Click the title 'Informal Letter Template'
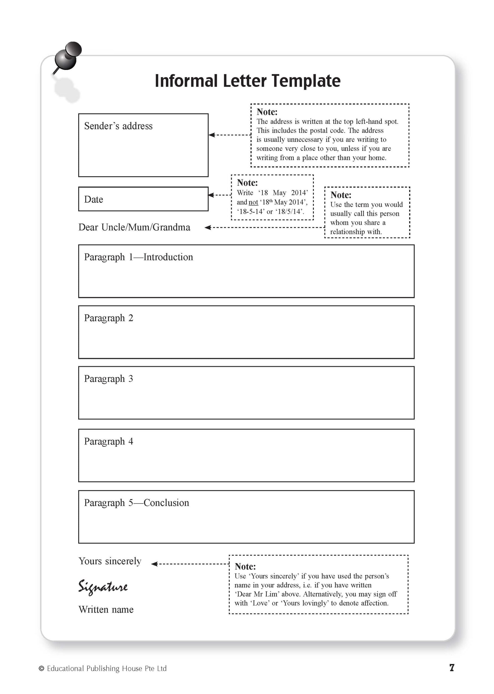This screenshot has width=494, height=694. (x=247, y=81)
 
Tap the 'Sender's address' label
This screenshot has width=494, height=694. (x=118, y=126)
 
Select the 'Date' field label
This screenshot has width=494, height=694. (x=94, y=199)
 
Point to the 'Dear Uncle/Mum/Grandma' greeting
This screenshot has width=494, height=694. (x=134, y=227)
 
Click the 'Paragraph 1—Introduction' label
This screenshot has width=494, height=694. (x=138, y=257)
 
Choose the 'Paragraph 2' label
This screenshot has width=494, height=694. (x=109, y=318)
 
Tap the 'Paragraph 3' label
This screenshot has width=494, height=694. (x=109, y=379)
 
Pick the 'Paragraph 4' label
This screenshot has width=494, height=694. (x=109, y=441)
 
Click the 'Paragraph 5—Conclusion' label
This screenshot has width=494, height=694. (x=137, y=503)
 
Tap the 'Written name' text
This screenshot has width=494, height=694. (x=106, y=609)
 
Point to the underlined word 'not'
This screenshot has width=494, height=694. (x=253, y=202)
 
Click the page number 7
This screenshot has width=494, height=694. (x=452, y=668)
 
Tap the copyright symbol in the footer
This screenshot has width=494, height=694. (x=41, y=669)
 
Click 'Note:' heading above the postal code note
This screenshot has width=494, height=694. (x=267, y=112)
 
